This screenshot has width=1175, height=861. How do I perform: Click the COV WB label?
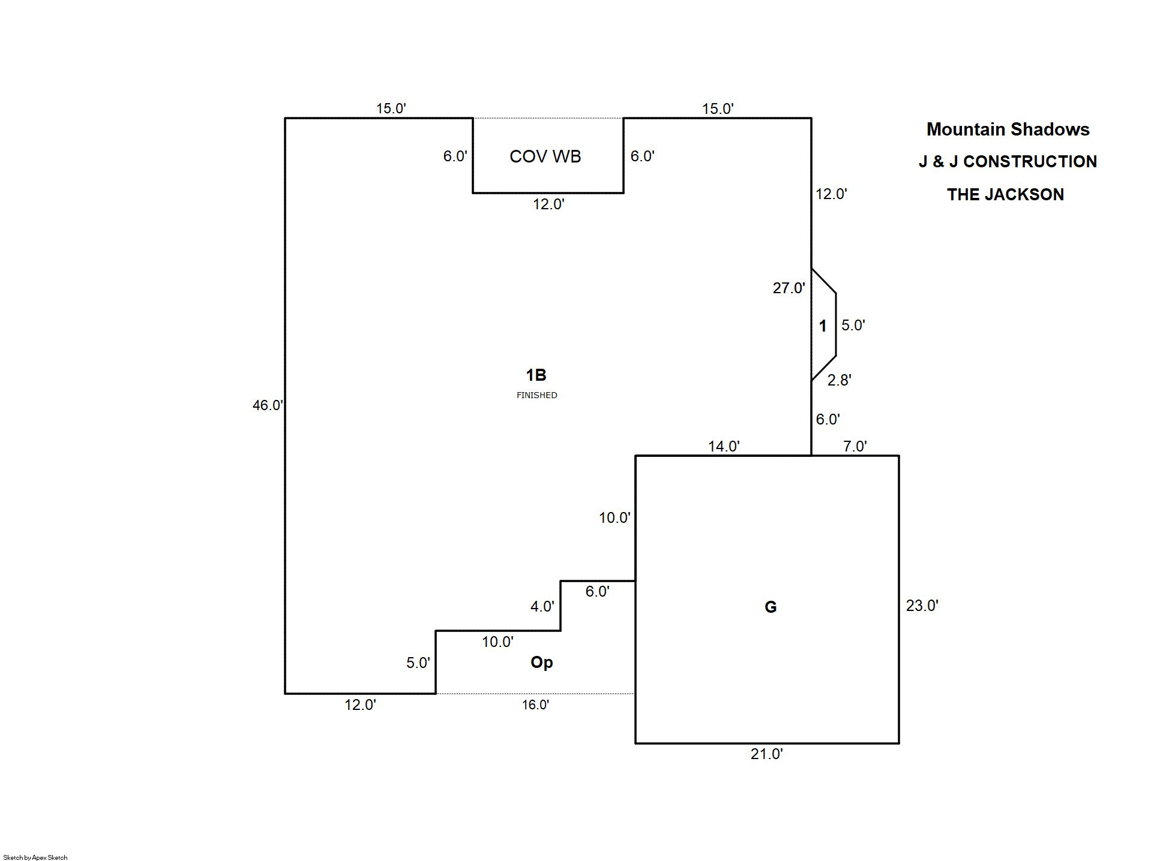coord(545,156)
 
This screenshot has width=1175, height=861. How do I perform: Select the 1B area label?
coord(536,375)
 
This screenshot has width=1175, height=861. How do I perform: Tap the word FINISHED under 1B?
coord(536,395)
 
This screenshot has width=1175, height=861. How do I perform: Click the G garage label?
coord(771,607)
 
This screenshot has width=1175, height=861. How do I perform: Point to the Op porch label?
coord(541,662)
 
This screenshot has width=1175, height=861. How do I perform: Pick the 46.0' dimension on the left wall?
coord(268,405)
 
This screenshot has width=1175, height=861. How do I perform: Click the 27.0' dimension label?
coord(789,288)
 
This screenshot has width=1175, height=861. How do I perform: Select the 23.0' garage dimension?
coord(922,606)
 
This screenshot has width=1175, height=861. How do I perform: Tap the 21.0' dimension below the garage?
coord(766,754)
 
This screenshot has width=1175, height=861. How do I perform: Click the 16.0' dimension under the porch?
coord(535,705)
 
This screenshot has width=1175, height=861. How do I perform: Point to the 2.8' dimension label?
coord(839,380)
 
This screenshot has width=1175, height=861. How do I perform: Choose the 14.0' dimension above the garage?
coord(724,446)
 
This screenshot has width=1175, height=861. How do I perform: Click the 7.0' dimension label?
coord(855,446)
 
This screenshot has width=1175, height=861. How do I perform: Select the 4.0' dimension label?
coord(542,607)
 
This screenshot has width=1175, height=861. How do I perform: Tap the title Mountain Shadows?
coord(1008,130)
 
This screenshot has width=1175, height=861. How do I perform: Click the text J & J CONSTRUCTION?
coord(1008,162)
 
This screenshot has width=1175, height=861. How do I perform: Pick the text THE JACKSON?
coord(1005,195)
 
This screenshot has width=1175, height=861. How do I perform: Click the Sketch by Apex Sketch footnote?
coord(35,857)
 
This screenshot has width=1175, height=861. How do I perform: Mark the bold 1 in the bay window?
coord(823,326)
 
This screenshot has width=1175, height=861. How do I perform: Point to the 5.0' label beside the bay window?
coord(853,325)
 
